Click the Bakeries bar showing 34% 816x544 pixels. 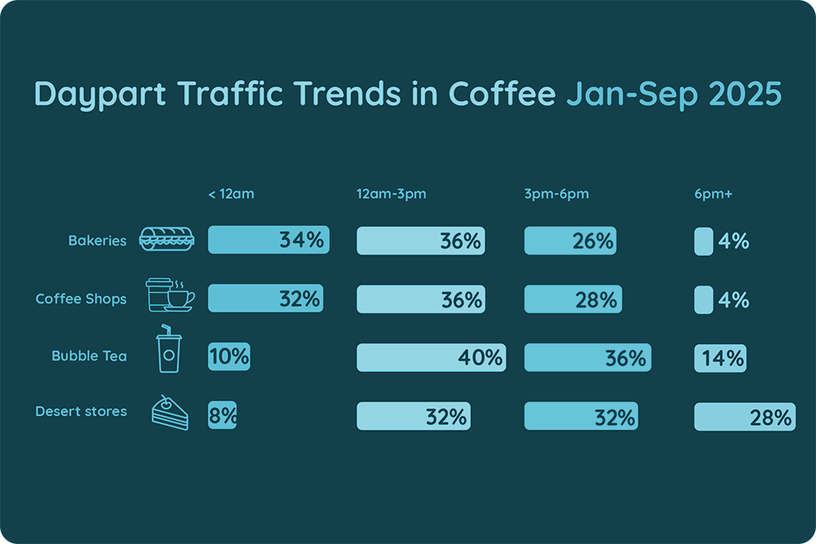[x=268, y=241]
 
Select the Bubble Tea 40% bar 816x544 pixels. [x=432, y=357]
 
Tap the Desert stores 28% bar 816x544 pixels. [x=744, y=417]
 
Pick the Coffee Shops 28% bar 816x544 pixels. [x=572, y=299]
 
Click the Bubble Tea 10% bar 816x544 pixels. [x=229, y=357]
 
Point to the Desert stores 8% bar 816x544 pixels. [x=223, y=416]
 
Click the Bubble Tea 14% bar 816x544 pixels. [x=720, y=357]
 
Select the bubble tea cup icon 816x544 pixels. [x=168, y=350]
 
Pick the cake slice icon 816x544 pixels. [x=169, y=414]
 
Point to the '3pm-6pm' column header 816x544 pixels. [x=557, y=194]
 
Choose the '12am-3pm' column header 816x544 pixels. [x=391, y=194]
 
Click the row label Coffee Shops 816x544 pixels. [x=81, y=299]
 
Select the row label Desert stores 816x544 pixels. [x=81, y=411]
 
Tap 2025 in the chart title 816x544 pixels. [x=743, y=95]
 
